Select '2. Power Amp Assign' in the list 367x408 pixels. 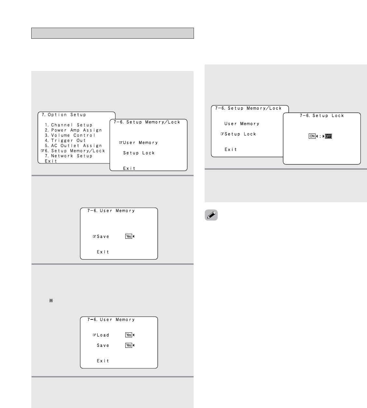(73, 130)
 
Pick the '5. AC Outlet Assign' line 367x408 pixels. (73, 146)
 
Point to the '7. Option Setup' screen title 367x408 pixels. (64, 115)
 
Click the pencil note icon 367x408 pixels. (211, 215)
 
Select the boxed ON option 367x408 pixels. (312, 136)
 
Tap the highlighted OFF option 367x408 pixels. (328, 136)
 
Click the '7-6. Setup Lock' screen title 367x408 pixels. (322, 116)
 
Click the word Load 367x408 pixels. (103, 335)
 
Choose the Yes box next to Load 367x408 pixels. (129, 335)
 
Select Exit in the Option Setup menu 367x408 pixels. (51, 161)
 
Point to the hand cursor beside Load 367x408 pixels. (94, 335)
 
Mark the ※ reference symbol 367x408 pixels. (51, 301)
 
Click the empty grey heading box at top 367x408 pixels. (113, 33)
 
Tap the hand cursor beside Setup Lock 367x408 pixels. (222, 134)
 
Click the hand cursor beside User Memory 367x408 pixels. (121, 143)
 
